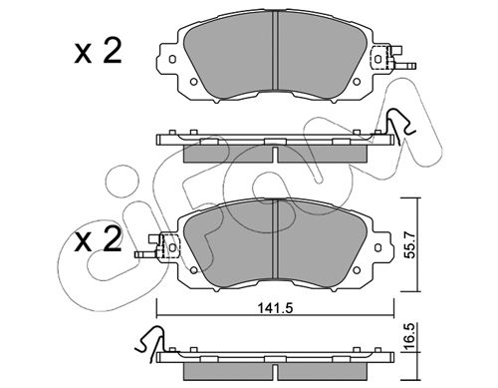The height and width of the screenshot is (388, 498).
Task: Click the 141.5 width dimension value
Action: coord(275,308)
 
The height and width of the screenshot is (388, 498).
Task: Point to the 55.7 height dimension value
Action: coord(410,244)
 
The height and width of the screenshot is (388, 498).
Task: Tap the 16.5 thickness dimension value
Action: coord(410,336)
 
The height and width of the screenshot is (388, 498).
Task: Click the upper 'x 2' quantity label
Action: coord(98,52)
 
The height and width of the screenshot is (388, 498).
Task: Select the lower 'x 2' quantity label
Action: coord(98,239)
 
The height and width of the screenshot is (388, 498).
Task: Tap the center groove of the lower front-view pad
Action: coord(275,238)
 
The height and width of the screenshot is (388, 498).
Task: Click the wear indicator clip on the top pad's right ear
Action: coord(391,58)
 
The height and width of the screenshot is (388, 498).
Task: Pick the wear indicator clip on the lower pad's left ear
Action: coord(157,246)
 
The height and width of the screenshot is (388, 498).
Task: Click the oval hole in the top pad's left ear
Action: coord(171,59)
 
